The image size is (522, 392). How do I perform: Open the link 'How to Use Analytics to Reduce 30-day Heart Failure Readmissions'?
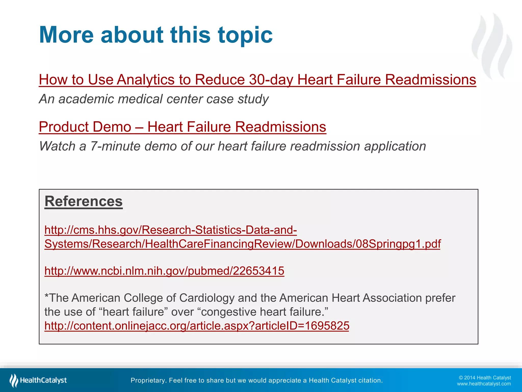[x=257, y=80]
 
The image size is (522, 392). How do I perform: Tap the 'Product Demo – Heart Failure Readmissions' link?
[x=182, y=127]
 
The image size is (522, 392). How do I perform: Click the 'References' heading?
[x=84, y=201]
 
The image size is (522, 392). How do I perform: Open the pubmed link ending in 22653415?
[x=164, y=271]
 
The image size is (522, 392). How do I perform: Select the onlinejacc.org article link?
[x=197, y=326]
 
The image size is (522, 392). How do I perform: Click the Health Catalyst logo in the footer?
[x=38, y=380]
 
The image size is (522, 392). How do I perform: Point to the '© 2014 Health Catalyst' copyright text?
[x=485, y=378]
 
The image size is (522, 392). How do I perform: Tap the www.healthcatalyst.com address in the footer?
[x=484, y=384]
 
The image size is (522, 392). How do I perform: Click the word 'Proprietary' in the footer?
[x=148, y=381]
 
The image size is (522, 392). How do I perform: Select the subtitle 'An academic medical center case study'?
[x=154, y=99]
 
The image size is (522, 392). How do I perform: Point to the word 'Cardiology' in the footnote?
[x=207, y=298]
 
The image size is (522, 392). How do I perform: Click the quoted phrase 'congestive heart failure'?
[x=263, y=312]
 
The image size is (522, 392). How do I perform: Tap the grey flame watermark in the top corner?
[x=492, y=46]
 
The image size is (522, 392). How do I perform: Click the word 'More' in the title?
[x=67, y=35]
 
